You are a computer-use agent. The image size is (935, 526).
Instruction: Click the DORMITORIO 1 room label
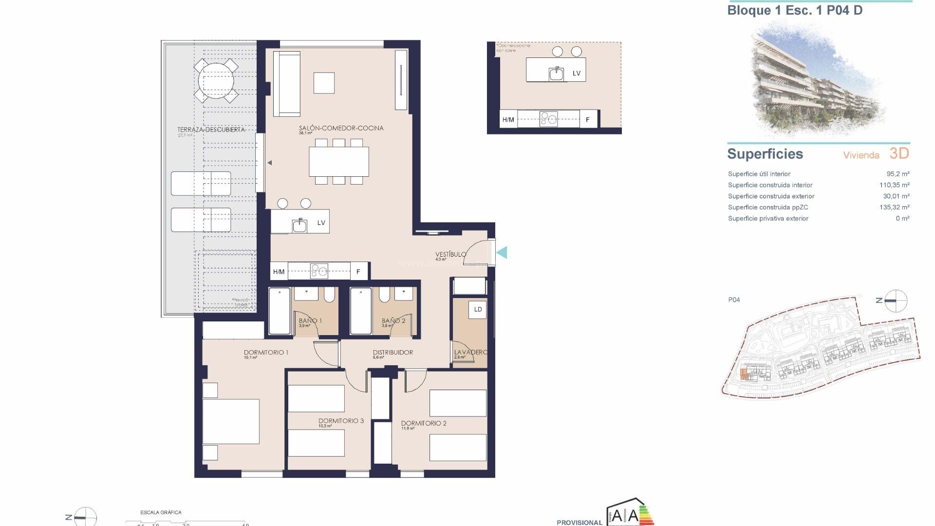[266, 352]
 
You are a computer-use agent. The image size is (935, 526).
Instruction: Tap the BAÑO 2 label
[393, 320]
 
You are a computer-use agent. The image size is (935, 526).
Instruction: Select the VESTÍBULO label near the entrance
[450, 254]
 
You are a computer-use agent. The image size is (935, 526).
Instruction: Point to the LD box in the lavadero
[478, 309]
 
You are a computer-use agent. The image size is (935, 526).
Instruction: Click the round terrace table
[216, 80]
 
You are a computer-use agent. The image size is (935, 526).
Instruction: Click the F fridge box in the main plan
[358, 271]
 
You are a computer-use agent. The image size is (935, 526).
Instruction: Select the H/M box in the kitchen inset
[508, 119]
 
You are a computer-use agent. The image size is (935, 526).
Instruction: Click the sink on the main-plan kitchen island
[299, 225]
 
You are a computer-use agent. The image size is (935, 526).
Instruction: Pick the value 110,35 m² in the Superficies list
[894, 185]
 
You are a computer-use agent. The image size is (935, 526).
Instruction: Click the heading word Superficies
[765, 154]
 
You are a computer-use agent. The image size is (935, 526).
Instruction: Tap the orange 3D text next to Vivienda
[899, 153]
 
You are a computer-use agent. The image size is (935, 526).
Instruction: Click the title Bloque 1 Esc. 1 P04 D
[795, 10]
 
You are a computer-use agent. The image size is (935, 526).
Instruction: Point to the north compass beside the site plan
[895, 301]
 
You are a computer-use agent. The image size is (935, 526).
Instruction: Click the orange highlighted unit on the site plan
[743, 374]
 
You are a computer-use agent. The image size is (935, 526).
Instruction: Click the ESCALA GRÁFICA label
[161, 512]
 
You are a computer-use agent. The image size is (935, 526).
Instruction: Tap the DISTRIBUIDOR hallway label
[393, 352]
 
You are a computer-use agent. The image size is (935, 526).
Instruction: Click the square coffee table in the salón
[324, 83]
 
